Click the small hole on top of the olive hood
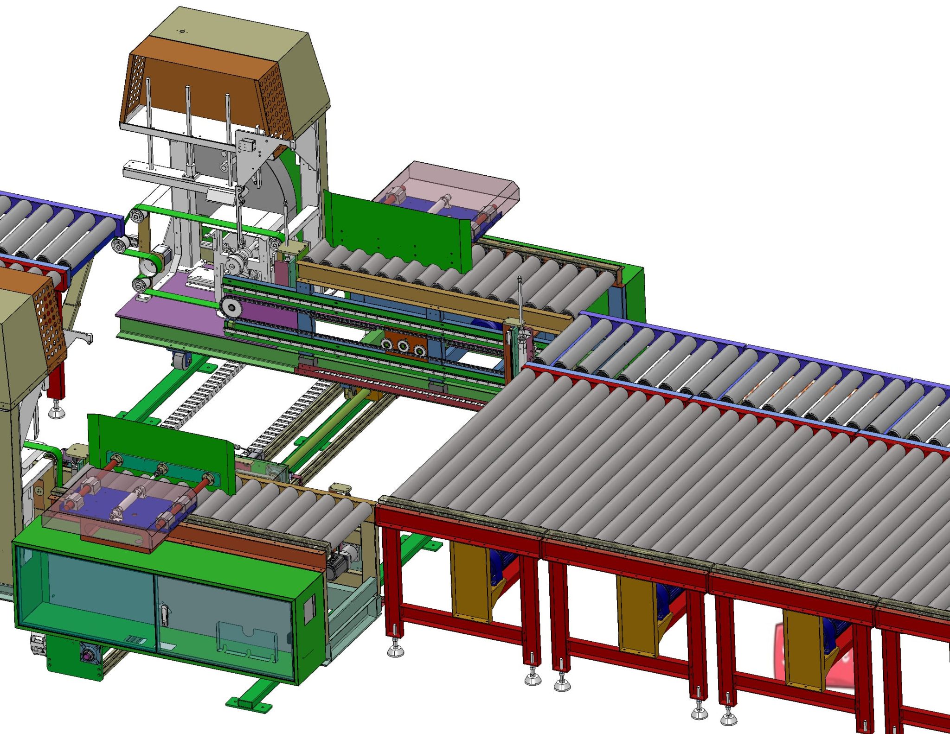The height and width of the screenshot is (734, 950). point(182,32)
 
